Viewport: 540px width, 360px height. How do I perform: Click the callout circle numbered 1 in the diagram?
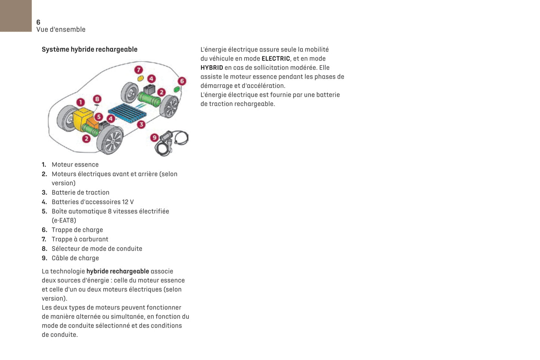click(80, 102)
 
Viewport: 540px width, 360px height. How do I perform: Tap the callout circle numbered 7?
click(139, 70)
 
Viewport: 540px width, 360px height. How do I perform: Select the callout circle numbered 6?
click(182, 81)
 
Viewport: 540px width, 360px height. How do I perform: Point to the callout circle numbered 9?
click(154, 138)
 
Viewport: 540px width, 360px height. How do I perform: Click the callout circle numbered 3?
click(141, 125)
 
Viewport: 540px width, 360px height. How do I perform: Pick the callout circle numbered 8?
click(97, 99)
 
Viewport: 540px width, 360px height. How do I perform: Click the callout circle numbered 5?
click(99, 117)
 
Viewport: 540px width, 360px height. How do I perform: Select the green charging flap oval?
click(177, 90)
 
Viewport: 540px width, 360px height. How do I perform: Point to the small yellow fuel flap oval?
click(141, 78)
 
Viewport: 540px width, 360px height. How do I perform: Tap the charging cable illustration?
click(172, 142)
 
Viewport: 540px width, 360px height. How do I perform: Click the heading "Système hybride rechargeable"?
click(90, 49)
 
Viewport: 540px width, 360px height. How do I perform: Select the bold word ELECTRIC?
click(276, 59)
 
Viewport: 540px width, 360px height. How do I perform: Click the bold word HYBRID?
click(212, 68)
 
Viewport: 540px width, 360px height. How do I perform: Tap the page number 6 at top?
click(38, 22)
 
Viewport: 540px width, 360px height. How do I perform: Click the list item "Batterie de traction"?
click(80, 192)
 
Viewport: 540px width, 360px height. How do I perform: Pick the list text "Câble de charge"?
click(75, 258)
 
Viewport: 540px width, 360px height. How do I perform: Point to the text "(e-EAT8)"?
click(64, 220)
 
